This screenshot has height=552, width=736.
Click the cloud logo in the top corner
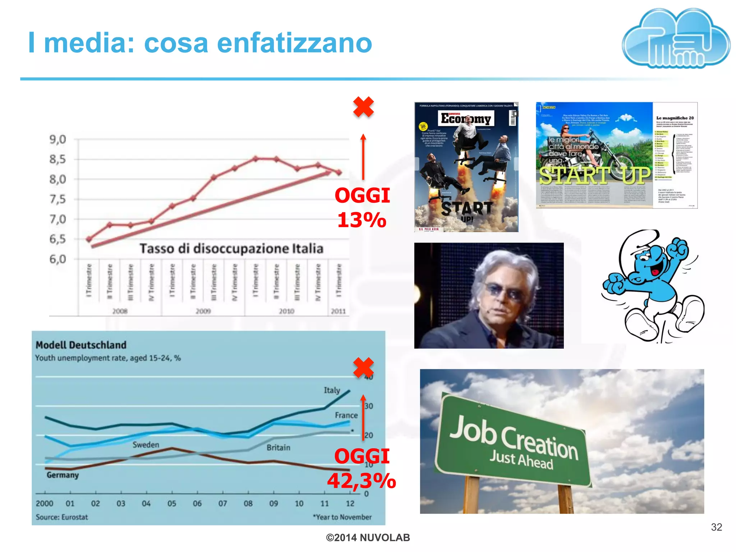676,39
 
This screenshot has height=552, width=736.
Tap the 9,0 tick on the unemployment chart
58,139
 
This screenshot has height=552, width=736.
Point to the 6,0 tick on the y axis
58,259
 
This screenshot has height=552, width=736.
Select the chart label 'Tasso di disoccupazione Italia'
231,248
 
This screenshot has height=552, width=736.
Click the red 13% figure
362,220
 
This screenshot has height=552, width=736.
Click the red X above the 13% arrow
363,107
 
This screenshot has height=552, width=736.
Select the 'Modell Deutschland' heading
81,345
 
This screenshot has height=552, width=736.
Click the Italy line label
332,390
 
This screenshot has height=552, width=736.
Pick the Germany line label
63,475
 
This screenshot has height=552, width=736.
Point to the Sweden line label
146,445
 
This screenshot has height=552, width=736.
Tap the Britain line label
278,448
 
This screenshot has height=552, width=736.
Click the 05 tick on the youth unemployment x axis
172,503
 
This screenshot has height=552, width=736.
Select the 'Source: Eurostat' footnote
62,517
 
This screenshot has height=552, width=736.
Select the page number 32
716,527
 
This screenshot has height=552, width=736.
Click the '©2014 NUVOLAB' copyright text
368,538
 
